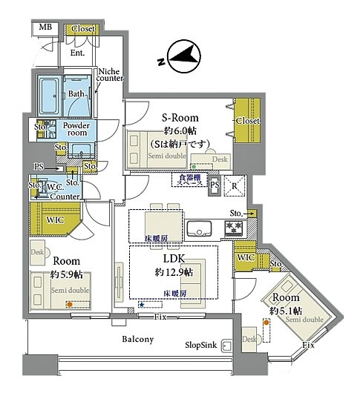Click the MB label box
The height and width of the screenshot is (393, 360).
tap(46, 28)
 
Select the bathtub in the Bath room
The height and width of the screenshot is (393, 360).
tap(50, 94)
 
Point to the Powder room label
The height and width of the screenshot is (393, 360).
tap(76, 130)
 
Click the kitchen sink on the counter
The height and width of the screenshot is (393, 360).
tap(198, 228)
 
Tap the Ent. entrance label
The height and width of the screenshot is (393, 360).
tap(76, 53)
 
